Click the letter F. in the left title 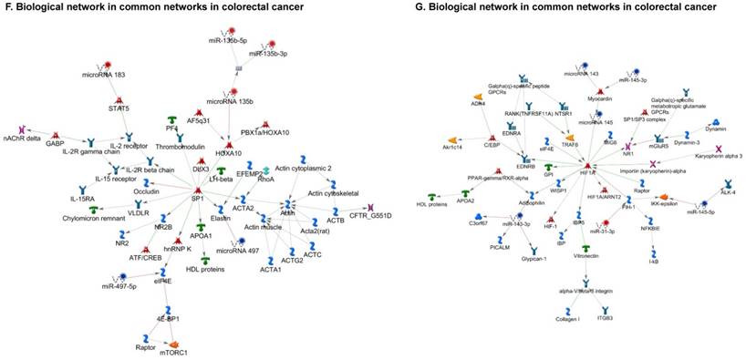6,7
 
